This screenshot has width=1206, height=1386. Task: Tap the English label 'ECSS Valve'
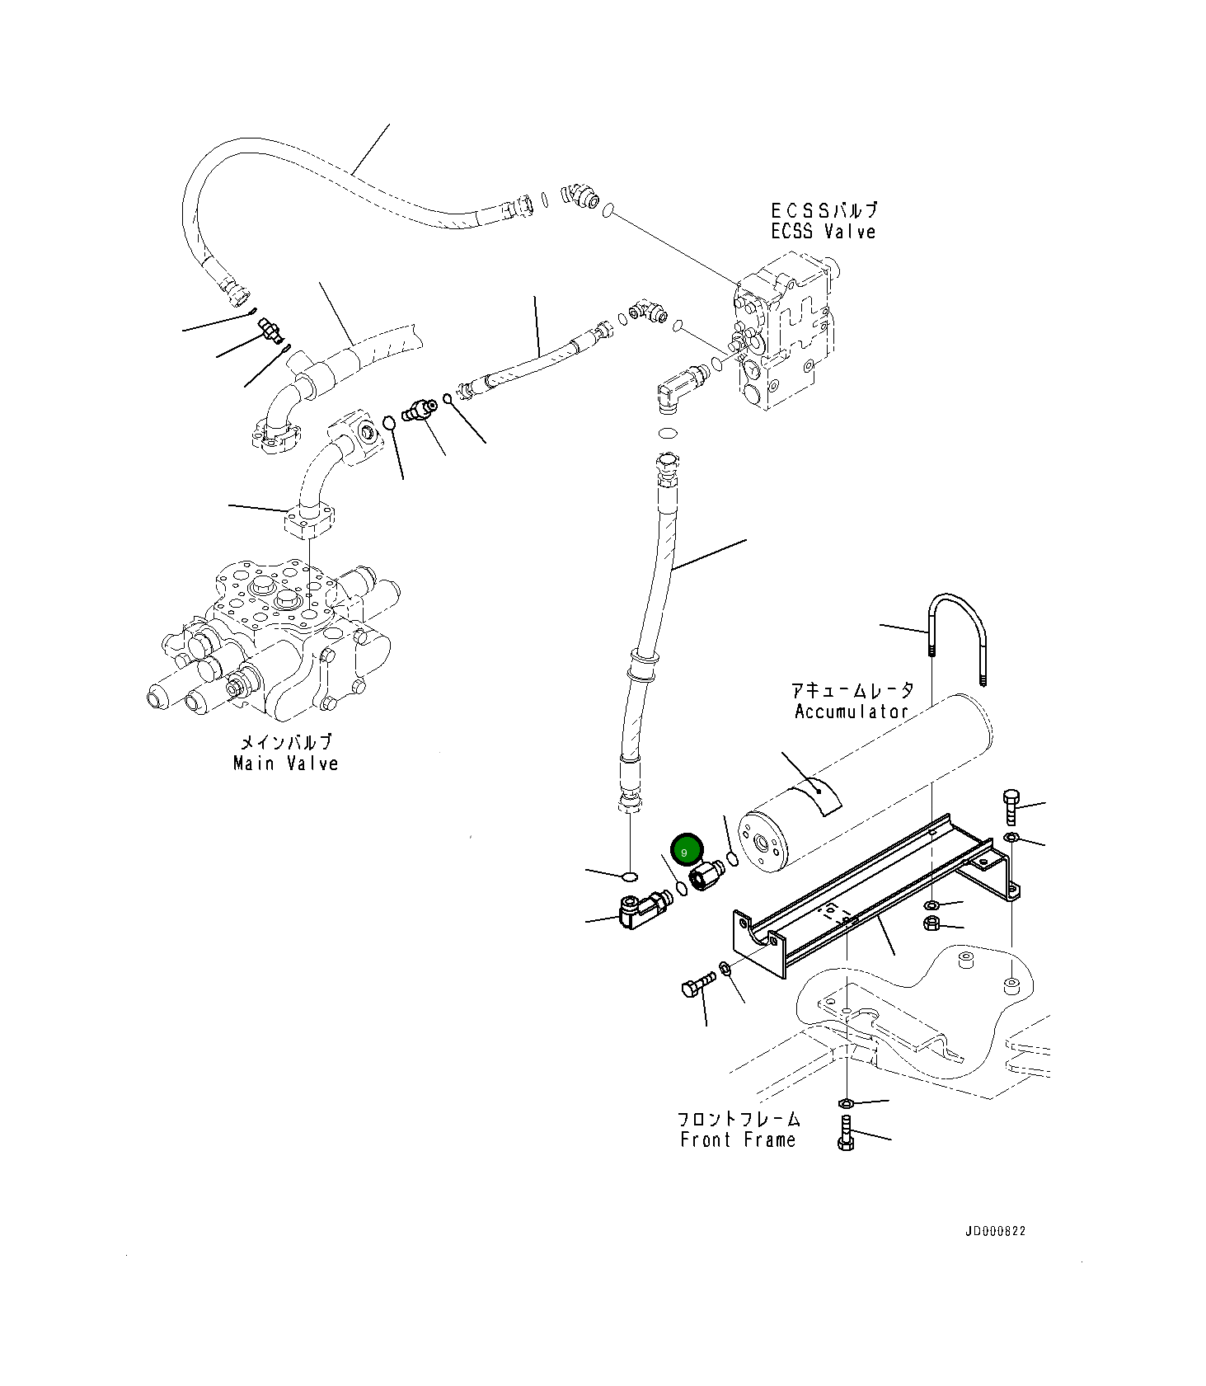823,232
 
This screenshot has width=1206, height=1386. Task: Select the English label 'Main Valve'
285,763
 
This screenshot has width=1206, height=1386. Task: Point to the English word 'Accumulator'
852,711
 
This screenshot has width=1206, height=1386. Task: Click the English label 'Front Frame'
738,1139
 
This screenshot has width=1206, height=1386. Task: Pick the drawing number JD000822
996,1231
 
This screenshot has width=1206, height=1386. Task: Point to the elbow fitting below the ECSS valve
681,387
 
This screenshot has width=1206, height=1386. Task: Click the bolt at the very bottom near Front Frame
846,1132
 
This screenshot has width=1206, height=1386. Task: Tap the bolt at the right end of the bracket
1011,807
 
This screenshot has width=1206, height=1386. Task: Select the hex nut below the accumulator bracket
932,923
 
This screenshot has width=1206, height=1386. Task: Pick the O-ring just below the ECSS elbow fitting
669,434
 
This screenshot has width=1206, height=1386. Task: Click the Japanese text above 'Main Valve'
285,742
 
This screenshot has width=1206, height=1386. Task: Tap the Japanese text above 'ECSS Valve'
824,210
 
